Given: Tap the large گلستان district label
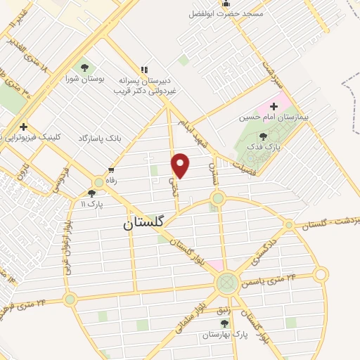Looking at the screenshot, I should pos(153,223).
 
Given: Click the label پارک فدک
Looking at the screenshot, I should pos(269,148).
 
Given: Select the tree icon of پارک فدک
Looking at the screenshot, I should pos(264,137).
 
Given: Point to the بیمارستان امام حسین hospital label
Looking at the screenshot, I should pos(270,117).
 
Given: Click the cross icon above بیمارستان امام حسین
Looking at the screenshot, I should pos(274,105).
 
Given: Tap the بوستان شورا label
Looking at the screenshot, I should pos(84,79).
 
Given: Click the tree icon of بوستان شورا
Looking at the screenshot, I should pos(84,68).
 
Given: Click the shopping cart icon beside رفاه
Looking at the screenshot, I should pos(111,169).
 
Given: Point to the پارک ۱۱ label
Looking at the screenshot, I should pos(91,204).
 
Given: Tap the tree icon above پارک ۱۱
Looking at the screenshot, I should pos(91,193).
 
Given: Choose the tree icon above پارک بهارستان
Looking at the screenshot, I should pos(225,323).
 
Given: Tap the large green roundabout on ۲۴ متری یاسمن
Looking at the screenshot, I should pos(226,283).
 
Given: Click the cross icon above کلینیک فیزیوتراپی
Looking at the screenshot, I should pos(24,126).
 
